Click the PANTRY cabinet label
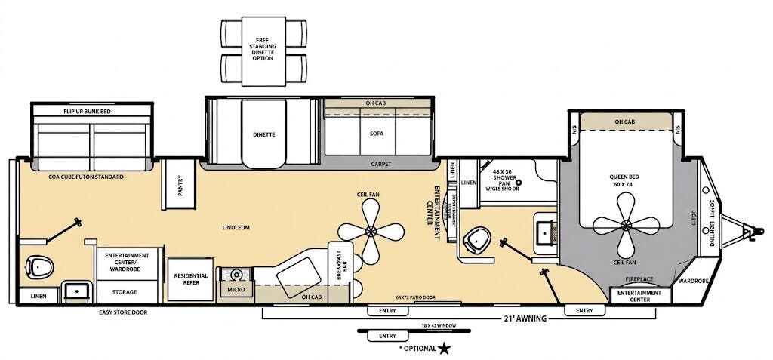[x=180, y=186]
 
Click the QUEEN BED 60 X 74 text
[x=624, y=181]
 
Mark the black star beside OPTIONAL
[x=445, y=348]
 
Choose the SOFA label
[x=377, y=133]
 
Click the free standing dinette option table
[x=264, y=51]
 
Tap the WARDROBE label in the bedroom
[x=692, y=281]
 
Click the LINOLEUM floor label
[x=236, y=227]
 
